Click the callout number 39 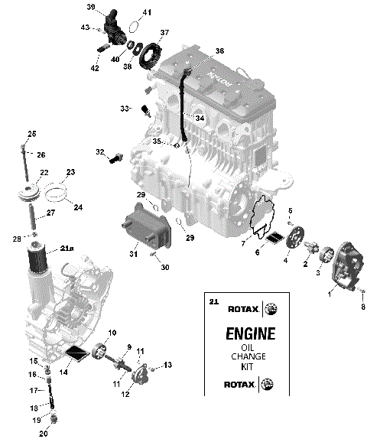[x=91, y=7]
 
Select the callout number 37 [x=164, y=34]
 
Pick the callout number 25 [x=32, y=135]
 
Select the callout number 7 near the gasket [x=243, y=244]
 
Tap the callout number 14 [x=64, y=372]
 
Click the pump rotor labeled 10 [x=98, y=353]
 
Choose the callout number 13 [x=168, y=364]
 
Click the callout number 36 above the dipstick [x=219, y=51]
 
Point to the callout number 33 [x=125, y=108]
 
